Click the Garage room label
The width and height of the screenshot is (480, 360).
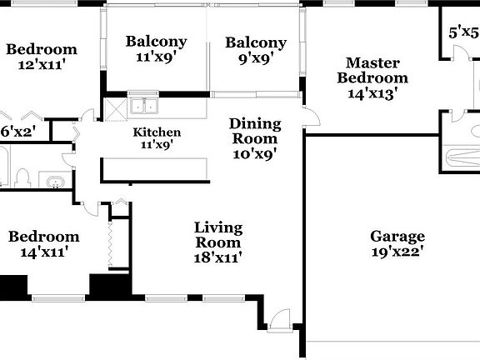[397, 237]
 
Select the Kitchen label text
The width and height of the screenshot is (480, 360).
[157, 132]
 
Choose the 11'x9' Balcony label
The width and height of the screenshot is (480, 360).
[156, 42]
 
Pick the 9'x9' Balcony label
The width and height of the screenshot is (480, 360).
[255, 43]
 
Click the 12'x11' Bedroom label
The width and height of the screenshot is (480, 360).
[41, 50]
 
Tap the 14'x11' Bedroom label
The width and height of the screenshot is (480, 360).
[43, 237]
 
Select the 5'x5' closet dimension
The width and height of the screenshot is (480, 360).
[464, 33]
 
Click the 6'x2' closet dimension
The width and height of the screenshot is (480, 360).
[17, 131]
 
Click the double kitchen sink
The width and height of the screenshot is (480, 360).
[145, 107]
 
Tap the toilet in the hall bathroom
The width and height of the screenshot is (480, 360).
[22, 177]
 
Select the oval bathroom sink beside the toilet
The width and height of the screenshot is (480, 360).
[55, 181]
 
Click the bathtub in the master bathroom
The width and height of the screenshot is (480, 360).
[461, 157]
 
